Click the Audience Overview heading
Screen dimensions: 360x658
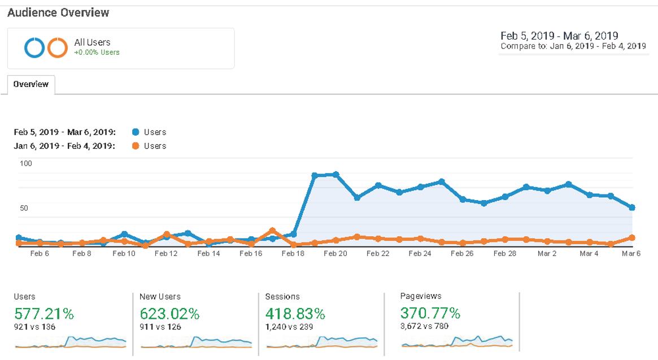[58, 12]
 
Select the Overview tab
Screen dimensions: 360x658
[31, 84]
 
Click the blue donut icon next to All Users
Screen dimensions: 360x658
[34, 48]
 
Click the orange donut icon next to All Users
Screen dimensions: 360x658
[57, 48]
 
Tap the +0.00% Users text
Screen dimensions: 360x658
[97, 53]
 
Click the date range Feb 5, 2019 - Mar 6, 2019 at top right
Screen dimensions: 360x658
[559, 36]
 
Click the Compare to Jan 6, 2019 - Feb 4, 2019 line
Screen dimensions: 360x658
[573, 46]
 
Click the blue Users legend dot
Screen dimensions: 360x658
[136, 132]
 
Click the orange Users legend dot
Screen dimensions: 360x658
[136, 146]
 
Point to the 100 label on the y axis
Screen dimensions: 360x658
[27, 163]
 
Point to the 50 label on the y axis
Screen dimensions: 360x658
[24, 208]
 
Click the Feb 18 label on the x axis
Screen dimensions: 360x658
[293, 254]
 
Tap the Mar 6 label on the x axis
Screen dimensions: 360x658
[631, 254]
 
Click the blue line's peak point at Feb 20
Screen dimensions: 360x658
[335, 175]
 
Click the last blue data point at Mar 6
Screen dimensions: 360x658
[632, 207]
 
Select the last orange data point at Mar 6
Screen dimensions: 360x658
[632, 238]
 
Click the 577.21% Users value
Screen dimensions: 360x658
[44, 313]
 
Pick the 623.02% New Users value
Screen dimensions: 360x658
[169, 313]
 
